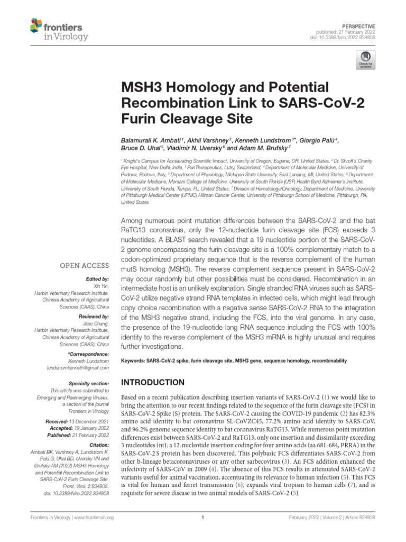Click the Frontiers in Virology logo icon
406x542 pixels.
click(36, 25)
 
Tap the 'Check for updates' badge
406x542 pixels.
click(365, 60)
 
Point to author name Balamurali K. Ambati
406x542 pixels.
click(151, 140)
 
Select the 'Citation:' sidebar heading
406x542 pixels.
click(98, 445)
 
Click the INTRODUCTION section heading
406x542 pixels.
click(153, 382)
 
